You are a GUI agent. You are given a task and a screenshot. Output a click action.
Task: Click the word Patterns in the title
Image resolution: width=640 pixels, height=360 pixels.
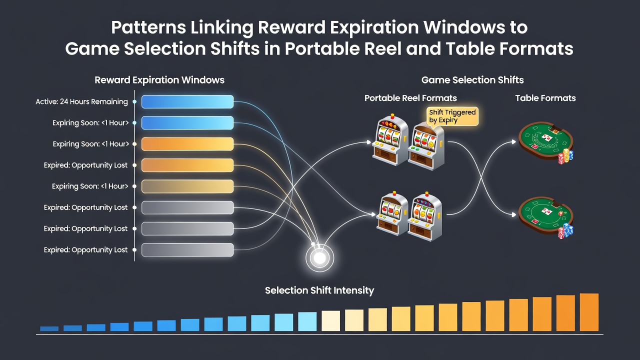coord(148,27)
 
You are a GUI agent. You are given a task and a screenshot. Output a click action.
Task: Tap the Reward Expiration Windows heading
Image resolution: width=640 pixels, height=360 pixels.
coord(159,80)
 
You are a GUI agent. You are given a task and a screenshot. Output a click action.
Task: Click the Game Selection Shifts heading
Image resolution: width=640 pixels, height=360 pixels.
coord(472,80)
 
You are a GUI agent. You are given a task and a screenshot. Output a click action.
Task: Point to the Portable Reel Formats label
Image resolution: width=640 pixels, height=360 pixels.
coord(410,98)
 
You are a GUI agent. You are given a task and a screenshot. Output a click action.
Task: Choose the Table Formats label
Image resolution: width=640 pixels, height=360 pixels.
coord(545,98)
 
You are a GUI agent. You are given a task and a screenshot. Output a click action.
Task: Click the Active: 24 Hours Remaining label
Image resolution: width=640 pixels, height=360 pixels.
coord(81,101)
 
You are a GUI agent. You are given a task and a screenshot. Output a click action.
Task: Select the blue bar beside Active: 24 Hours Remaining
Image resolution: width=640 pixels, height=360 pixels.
coord(187,101)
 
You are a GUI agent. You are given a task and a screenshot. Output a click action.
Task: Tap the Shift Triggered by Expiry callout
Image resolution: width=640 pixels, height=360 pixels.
coord(452,116)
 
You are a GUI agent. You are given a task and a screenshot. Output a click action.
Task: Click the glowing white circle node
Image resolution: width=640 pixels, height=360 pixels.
coord(319,258)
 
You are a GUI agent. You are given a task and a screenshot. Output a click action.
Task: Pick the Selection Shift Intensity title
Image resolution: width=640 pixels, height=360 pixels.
coord(319,290)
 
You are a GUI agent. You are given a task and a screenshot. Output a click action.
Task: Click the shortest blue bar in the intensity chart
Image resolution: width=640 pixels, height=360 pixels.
coord(49,328)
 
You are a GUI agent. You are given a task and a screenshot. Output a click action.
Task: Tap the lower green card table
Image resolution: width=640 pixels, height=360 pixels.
coord(545,215)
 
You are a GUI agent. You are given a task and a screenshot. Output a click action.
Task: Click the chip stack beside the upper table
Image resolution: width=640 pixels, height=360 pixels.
coord(566,156)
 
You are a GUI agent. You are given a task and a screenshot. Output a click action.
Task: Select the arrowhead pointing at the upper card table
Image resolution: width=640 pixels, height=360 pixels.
coord(513,141)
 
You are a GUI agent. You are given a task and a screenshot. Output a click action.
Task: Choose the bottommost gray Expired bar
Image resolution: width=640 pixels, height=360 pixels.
coord(187,250)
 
